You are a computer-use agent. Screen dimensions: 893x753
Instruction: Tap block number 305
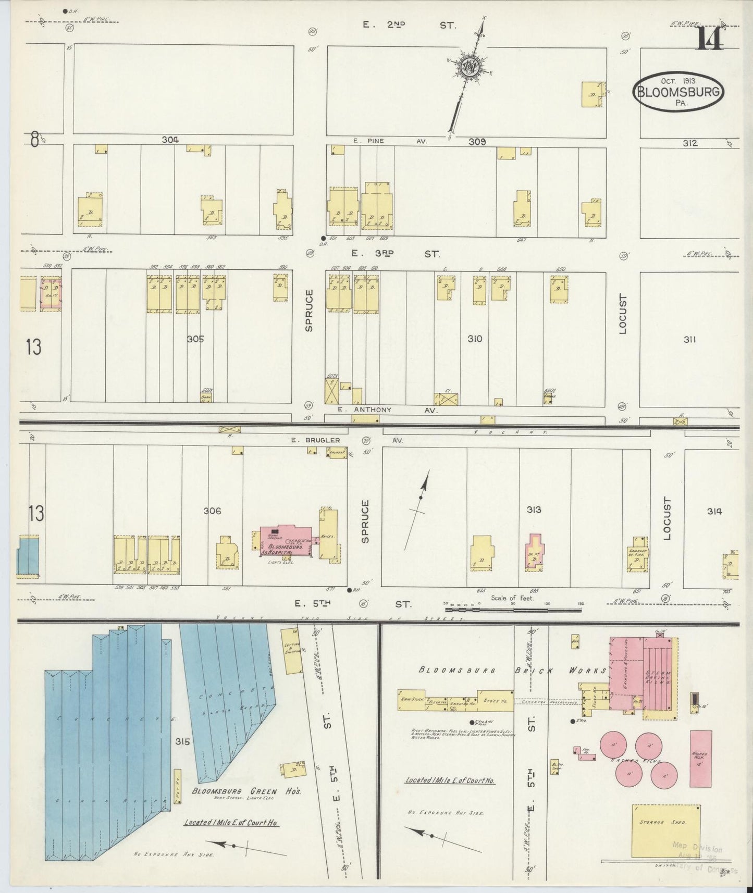pos(195,339)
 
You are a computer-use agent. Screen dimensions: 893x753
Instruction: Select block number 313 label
pos(534,510)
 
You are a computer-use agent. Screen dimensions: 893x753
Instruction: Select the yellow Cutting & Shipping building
pos(290,650)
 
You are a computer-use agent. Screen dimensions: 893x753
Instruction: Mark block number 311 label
pos(690,340)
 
